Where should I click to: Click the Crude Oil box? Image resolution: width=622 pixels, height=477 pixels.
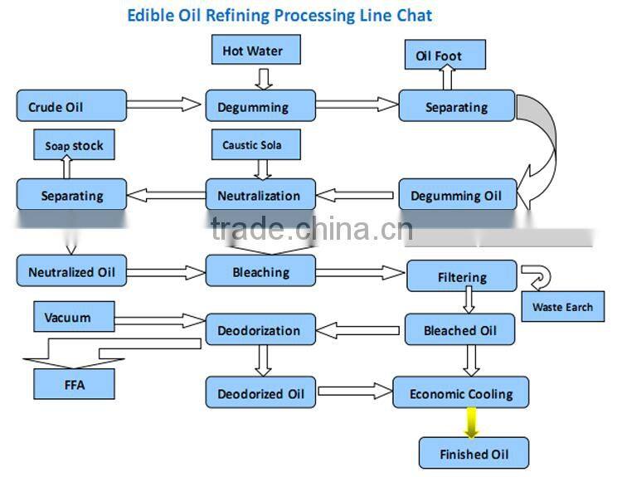coord(71,106)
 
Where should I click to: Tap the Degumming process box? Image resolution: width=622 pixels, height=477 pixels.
coord(260,106)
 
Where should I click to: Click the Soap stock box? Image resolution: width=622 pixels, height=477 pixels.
coord(74,146)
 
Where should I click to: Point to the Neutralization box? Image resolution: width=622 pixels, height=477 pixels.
coord(260,195)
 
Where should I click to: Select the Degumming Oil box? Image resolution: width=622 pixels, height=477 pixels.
coord(458,196)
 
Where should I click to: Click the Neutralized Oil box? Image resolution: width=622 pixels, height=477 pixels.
coord(71,271)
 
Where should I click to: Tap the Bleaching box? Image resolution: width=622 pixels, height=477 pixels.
coord(260,271)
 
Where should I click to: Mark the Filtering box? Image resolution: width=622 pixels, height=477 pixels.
coord(462,277)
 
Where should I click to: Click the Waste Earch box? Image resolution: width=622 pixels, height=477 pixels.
coord(562,307)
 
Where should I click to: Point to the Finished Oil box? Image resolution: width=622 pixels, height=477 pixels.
coord(473,454)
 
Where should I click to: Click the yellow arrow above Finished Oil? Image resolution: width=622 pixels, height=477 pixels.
coord(471,422)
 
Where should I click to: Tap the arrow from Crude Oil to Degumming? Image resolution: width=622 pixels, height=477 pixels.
coord(165,105)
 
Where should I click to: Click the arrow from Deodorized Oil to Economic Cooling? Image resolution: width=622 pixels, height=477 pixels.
coord(354,390)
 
